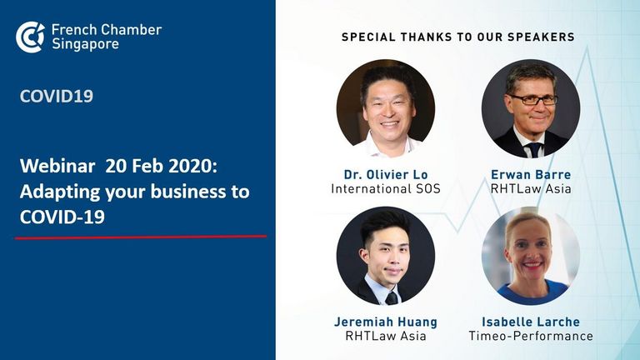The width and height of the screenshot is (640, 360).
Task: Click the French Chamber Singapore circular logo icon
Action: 30,37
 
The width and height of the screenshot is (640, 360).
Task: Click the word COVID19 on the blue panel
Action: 57,97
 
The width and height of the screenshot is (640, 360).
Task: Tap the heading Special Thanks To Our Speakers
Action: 458,37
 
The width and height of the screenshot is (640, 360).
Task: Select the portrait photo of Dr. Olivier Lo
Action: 386,108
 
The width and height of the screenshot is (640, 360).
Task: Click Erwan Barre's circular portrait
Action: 531,108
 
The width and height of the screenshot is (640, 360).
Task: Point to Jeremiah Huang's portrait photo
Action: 386,256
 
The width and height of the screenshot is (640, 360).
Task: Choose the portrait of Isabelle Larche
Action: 531,256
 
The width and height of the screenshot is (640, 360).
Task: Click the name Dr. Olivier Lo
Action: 386,175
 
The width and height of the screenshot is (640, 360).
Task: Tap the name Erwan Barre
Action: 531,175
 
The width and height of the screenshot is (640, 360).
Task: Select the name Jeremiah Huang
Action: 386,322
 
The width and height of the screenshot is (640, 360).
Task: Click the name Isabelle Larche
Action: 531,322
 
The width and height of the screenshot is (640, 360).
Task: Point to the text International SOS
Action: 386,189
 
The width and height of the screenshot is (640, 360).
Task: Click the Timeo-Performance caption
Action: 531,337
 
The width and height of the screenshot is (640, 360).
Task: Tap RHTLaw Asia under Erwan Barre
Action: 531,189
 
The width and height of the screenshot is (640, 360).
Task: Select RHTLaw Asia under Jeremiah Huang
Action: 386,337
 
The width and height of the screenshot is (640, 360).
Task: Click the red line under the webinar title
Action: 141,237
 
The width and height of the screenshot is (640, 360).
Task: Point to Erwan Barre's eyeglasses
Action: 532,99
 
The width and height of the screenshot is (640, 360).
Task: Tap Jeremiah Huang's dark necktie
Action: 392,299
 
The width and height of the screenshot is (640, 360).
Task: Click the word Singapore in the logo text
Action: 85,44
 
